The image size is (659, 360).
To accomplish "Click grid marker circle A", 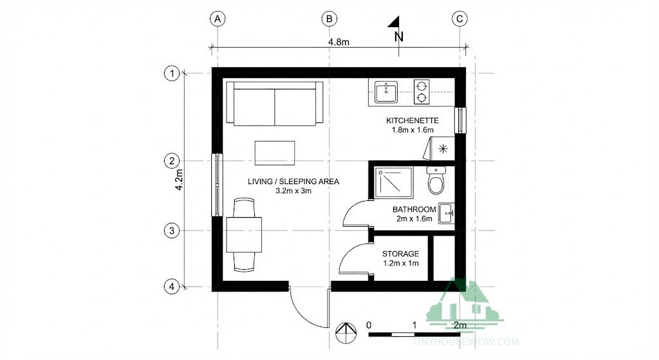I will [x=218, y=19].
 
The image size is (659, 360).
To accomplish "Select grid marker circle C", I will [x=459, y=19].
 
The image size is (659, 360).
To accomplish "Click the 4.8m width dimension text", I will [x=338, y=43].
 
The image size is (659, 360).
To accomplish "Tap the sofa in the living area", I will [x=275, y=104].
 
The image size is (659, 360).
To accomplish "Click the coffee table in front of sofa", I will [x=275, y=153].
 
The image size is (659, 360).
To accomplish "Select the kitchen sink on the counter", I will [x=385, y=92].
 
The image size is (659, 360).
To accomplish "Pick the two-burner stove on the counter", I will [x=421, y=91].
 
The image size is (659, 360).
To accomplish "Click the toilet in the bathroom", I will [x=436, y=181].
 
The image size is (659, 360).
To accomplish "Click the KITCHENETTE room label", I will [x=412, y=120].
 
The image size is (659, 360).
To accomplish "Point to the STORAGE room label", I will [x=400, y=254].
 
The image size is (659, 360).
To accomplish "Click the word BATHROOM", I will [x=414, y=209].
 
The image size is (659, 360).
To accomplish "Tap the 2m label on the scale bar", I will [x=459, y=325].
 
